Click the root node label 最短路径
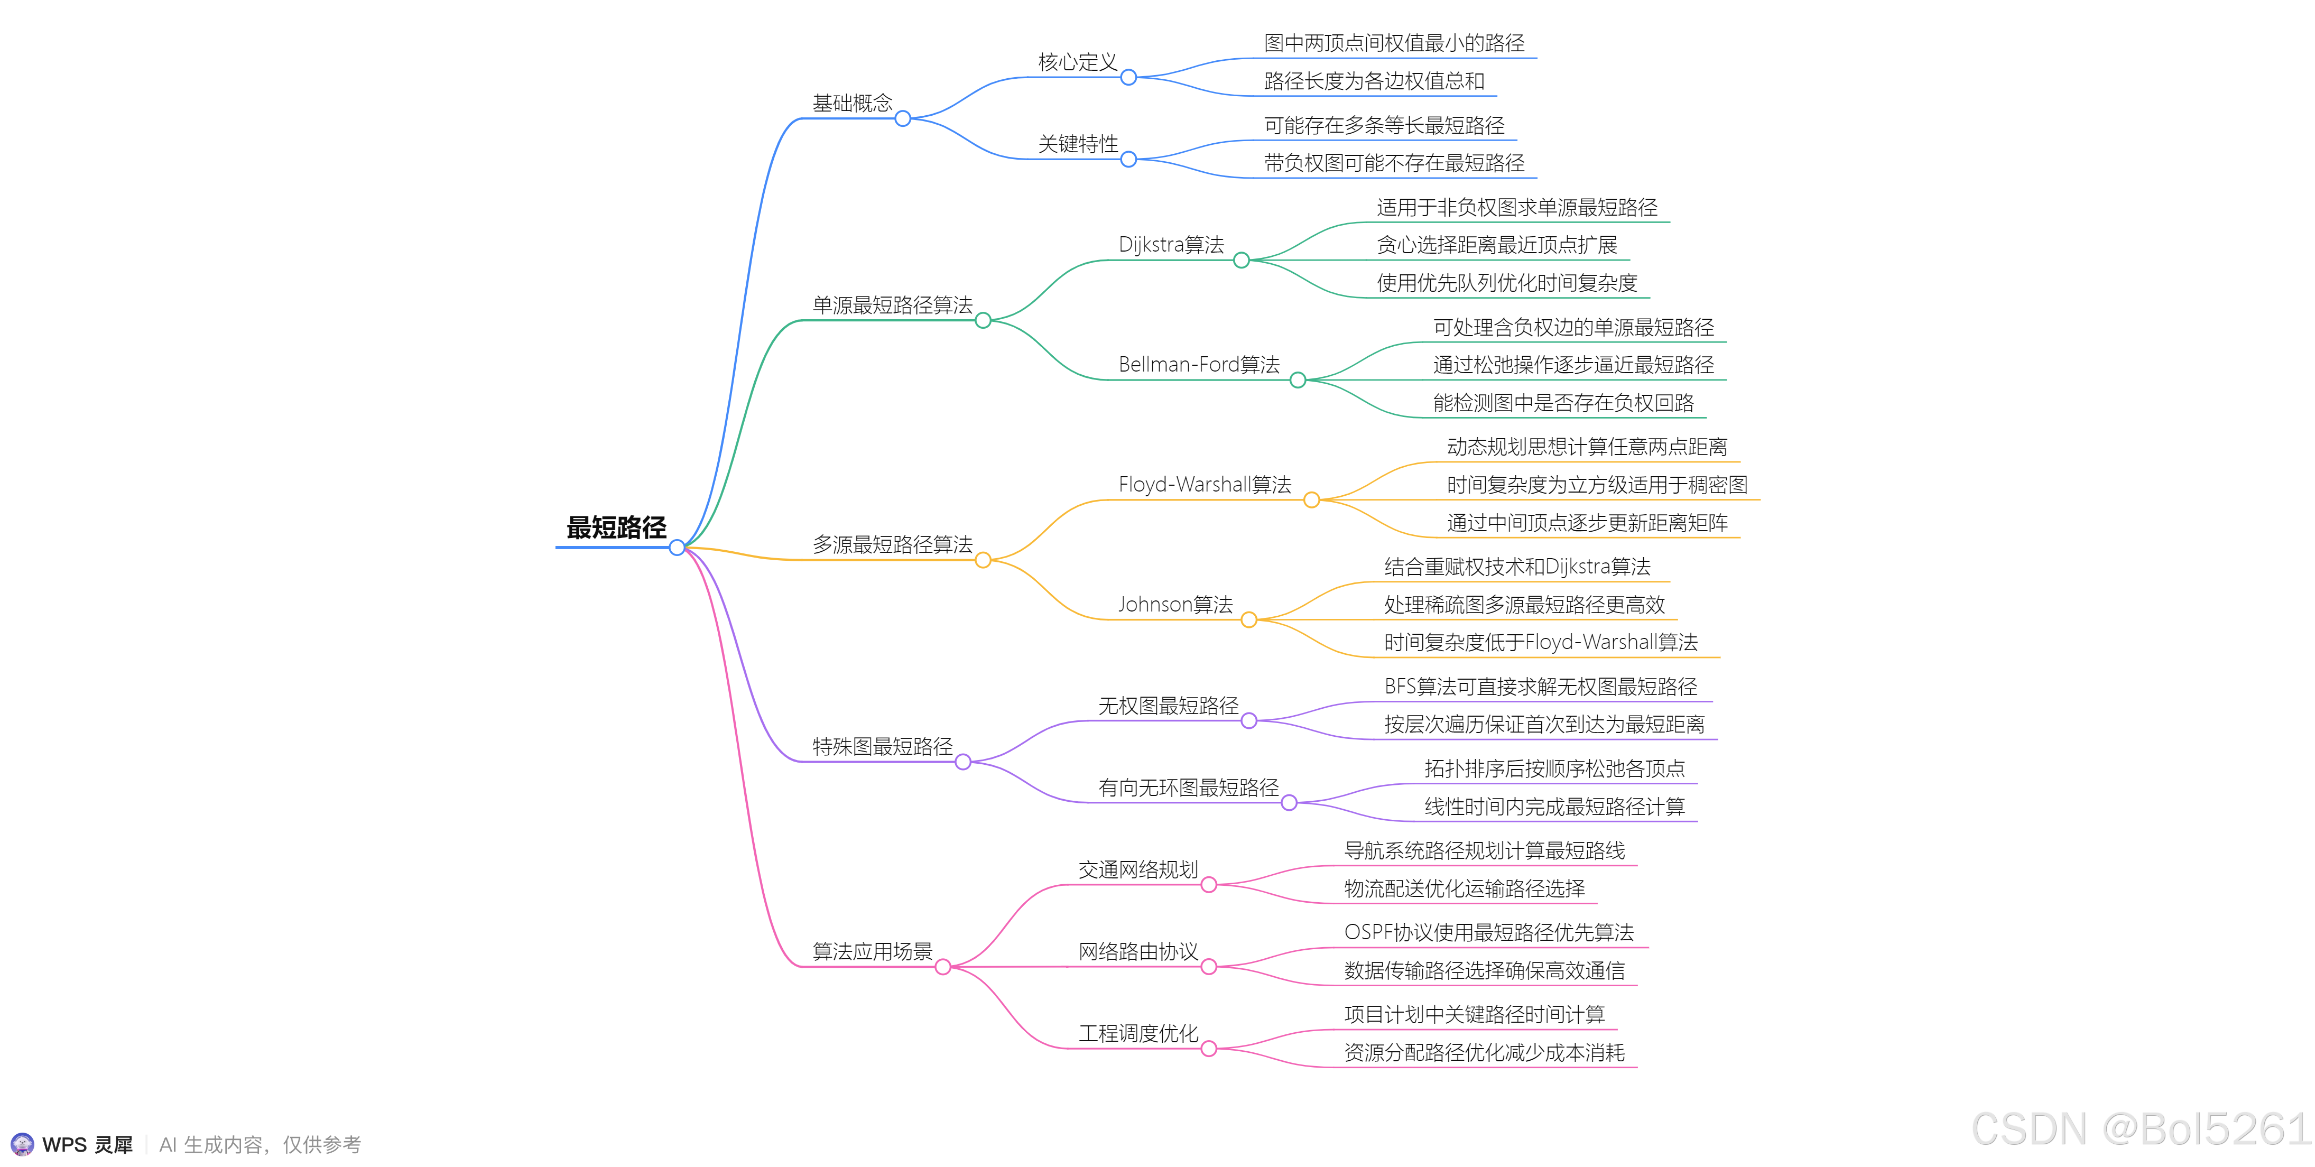[x=616, y=527]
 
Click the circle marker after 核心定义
[x=1129, y=77]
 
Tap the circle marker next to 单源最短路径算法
[x=983, y=321]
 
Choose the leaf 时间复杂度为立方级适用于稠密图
[x=1596, y=485]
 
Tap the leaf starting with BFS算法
[x=1540, y=687]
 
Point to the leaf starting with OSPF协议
[x=1488, y=932]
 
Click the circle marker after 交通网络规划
[x=1209, y=885]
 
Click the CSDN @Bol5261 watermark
[x=2139, y=1128]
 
